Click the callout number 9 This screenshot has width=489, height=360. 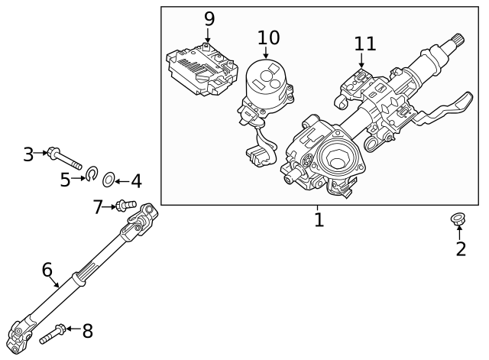[209, 18]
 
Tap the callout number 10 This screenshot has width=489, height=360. [268, 37]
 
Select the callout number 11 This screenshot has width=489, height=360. [365, 44]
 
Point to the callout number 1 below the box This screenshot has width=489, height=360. [319, 221]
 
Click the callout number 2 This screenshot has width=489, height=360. [461, 248]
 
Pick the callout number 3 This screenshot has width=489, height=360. [28, 154]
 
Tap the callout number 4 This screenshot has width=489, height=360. [135, 182]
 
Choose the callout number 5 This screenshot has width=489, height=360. [65, 180]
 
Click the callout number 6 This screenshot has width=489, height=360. [47, 270]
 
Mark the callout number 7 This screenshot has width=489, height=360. [98, 206]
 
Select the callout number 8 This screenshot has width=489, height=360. [88, 331]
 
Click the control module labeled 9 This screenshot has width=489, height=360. [201, 70]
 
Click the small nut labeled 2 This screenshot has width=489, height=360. [458, 220]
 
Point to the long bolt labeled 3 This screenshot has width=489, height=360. [65, 159]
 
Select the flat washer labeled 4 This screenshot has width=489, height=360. [108, 180]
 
